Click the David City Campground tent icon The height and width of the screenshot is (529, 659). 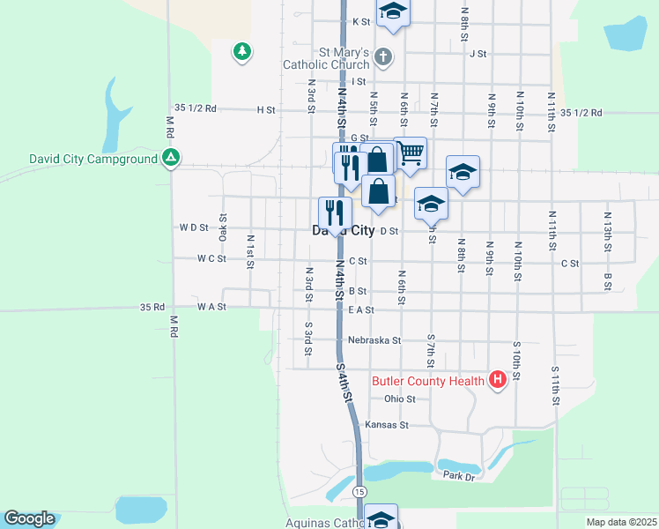click(171, 160)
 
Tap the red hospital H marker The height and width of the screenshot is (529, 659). click(498, 381)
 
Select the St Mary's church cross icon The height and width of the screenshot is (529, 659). click(382, 58)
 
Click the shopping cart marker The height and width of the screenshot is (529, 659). click(411, 153)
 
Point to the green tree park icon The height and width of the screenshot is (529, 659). click(241, 52)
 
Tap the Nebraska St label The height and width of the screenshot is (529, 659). click(374, 339)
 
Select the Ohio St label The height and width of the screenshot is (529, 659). click(399, 399)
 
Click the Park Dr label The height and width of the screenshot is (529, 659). click(459, 476)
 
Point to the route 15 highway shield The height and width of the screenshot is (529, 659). click(359, 490)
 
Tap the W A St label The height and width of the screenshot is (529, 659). click(211, 307)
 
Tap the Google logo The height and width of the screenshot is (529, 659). click(29, 518)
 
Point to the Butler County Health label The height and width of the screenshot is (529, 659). click(428, 381)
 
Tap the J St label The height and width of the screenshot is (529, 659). click(478, 54)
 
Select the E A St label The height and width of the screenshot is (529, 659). click(361, 309)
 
